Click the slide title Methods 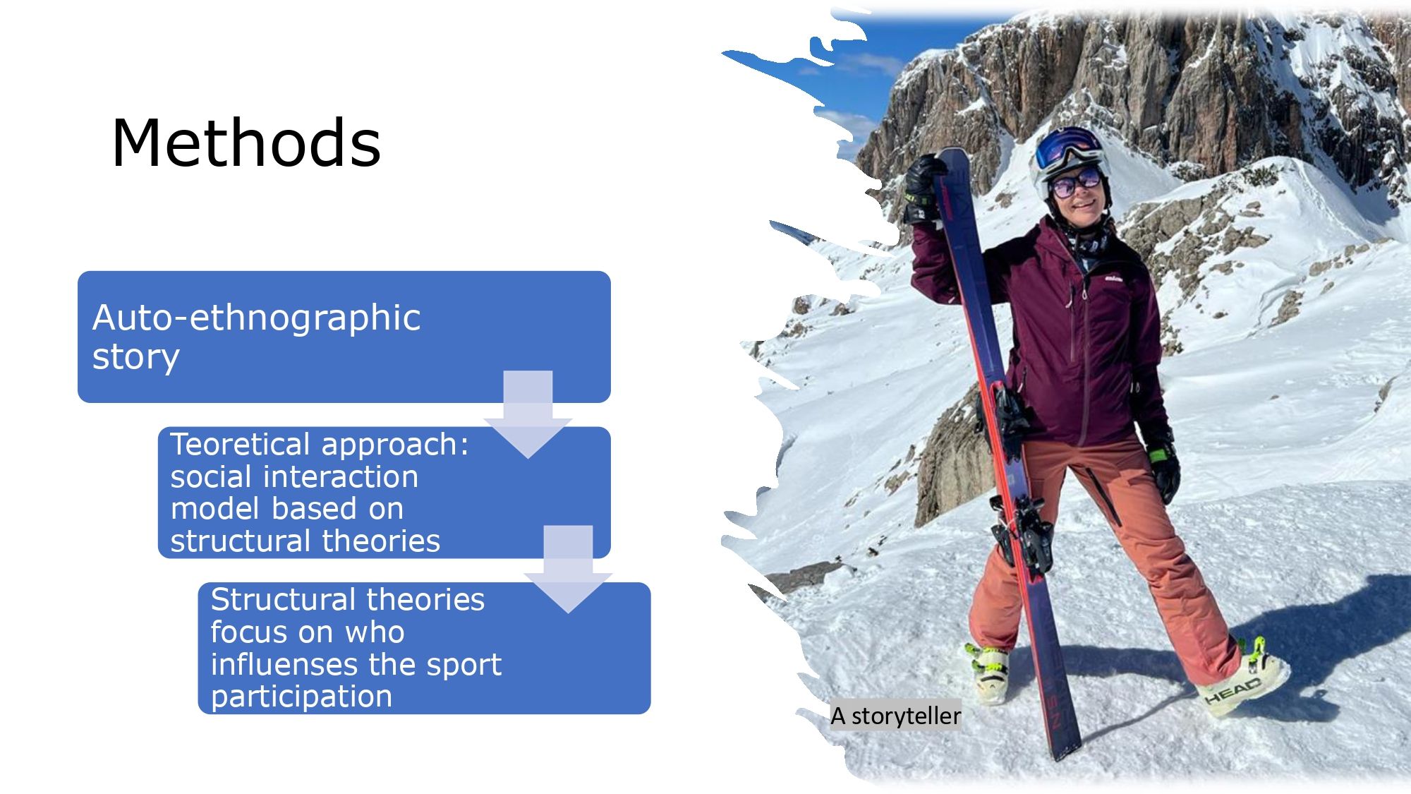246,143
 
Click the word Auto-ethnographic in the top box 256,318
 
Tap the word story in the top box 135,357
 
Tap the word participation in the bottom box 301,697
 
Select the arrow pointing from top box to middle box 528,414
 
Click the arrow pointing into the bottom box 568,569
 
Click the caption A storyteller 896,716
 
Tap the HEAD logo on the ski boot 1233,690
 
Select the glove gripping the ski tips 922,187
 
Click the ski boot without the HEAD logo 987,672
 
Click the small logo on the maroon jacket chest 1114,279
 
